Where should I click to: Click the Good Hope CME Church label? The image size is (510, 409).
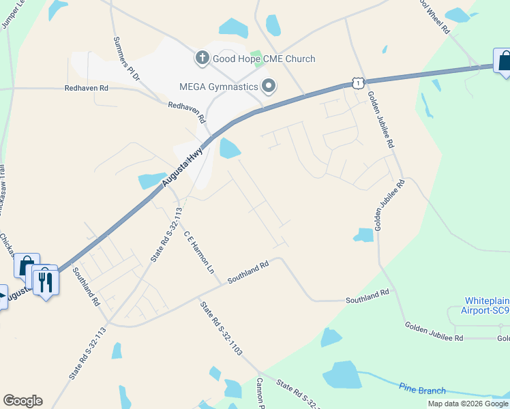click(x=264, y=59)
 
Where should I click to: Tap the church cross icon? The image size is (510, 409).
click(x=202, y=59)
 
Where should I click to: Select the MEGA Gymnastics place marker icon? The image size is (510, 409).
click(x=269, y=87)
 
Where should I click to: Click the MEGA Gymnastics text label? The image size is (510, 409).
click(x=218, y=87)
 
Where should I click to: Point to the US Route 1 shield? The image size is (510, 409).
click(x=357, y=82)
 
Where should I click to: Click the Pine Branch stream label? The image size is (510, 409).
click(x=423, y=391)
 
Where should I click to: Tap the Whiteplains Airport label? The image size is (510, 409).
click(x=487, y=305)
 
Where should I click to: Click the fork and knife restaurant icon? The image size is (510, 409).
click(x=45, y=280)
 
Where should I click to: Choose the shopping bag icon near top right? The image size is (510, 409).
click(x=503, y=61)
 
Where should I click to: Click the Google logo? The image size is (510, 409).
click(x=22, y=401)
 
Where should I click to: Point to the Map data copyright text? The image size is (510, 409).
click(x=468, y=404)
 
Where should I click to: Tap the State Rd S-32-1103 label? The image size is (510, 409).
click(x=221, y=328)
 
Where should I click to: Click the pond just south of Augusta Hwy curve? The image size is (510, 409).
click(x=230, y=147)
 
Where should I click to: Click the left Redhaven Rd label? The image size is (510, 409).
click(x=87, y=88)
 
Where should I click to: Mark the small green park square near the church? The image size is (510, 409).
click(x=256, y=55)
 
